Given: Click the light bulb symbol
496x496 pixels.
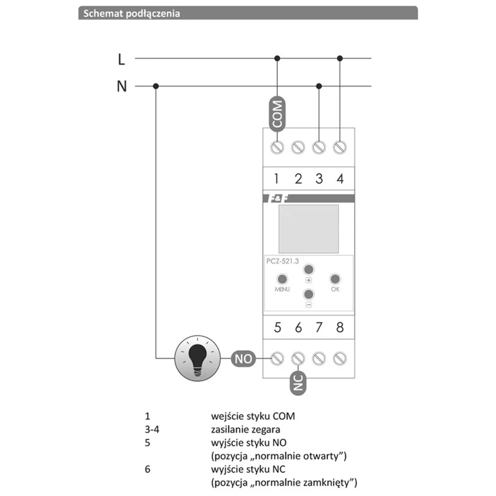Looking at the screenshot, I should pyautogui.click(x=198, y=358).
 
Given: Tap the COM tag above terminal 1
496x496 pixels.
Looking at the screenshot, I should pyautogui.click(x=277, y=114).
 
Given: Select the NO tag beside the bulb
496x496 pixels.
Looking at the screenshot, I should pyautogui.click(x=243, y=358).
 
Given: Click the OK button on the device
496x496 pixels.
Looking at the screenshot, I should pyautogui.click(x=335, y=279).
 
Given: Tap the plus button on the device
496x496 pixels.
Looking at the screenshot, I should pyautogui.click(x=309, y=269).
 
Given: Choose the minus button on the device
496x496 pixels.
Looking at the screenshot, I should pyautogui.click(x=309, y=295).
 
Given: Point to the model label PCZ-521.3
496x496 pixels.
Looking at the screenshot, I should pyautogui.click(x=283, y=261).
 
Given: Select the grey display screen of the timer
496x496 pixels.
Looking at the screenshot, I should pyautogui.click(x=309, y=229).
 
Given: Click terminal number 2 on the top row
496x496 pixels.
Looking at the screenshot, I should pyautogui.click(x=298, y=179).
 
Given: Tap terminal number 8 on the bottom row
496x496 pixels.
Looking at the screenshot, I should pyautogui.click(x=340, y=327).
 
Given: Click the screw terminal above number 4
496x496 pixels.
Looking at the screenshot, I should pyautogui.click(x=340, y=147).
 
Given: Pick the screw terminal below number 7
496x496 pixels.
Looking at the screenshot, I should pyautogui.click(x=319, y=358).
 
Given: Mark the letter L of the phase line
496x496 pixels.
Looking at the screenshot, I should pyautogui.click(x=121, y=60).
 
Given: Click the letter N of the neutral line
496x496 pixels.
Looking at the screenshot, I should pyautogui.click(x=122, y=87).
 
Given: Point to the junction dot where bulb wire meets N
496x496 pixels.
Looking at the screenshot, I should pyautogui.click(x=156, y=86).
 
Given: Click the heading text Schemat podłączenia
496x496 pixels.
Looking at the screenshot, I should pyautogui.click(x=131, y=13).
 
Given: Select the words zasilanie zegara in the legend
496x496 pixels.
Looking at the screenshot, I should pyautogui.click(x=246, y=429).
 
